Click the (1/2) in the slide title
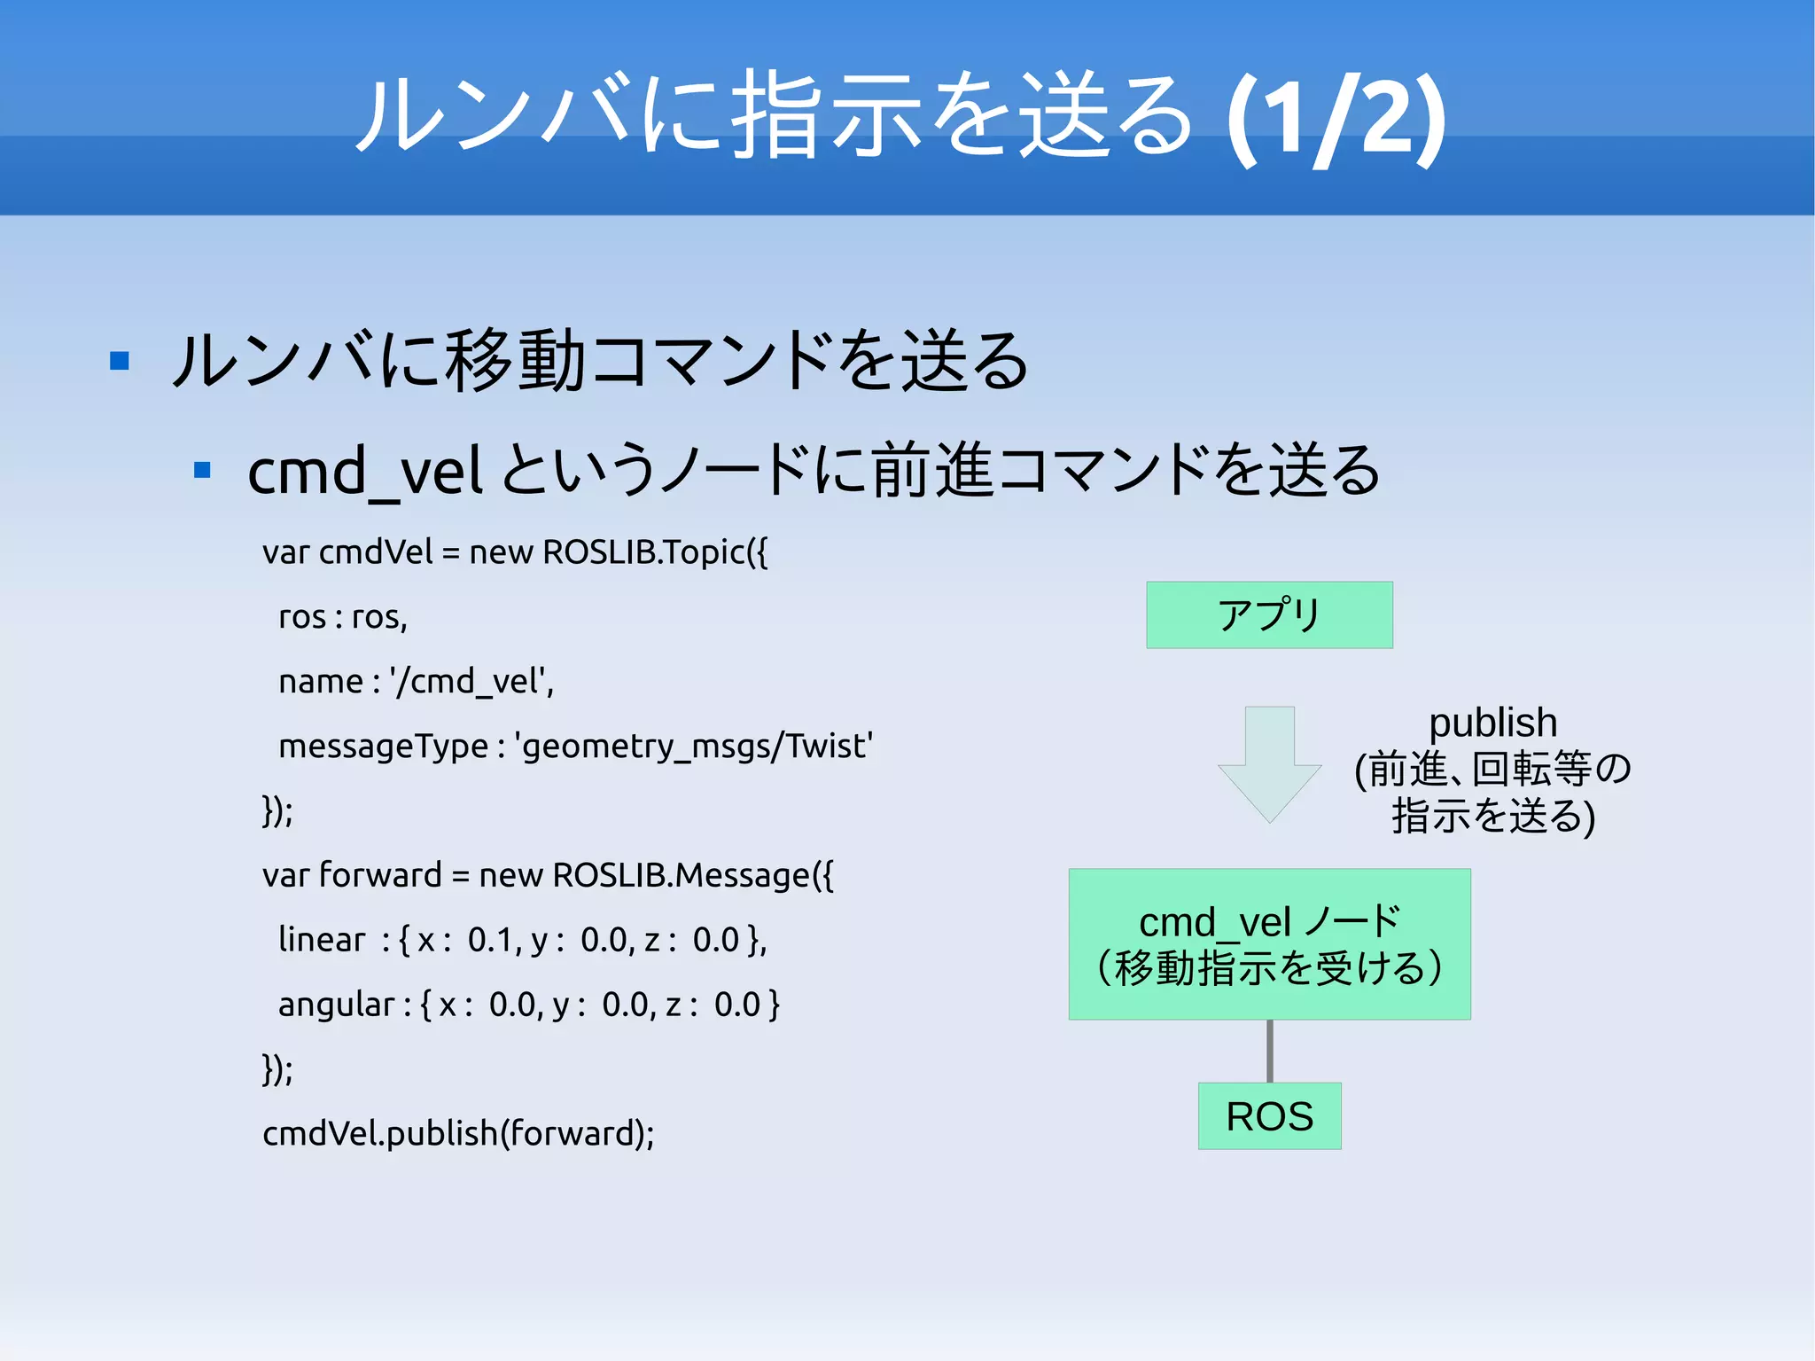(1336, 120)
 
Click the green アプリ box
(1269, 615)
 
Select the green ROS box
(1269, 1116)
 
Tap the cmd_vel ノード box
(1269, 944)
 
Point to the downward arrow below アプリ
(1269, 763)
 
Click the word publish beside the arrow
(1492, 724)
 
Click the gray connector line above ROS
(1269, 1051)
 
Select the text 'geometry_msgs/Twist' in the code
(694, 747)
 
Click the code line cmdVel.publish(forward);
(458, 1133)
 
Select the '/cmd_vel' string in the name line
(471, 682)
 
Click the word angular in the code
(336, 1005)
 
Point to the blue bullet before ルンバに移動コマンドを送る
(120, 361)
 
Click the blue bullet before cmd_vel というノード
(202, 470)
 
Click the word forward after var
(379, 875)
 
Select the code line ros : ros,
(343, 617)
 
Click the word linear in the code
(321, 940)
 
